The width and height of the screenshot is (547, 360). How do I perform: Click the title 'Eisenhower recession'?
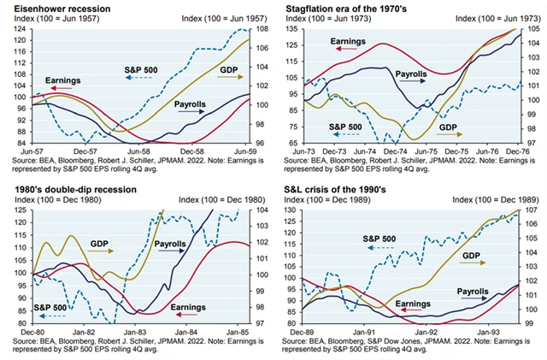click(x=53, y=8)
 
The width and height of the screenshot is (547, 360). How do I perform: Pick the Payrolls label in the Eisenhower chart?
click(x=191, y=103)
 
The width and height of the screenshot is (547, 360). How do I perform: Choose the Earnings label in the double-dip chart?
click(x=189, y=306)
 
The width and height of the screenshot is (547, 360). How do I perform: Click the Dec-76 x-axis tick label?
click(x=515, y=150)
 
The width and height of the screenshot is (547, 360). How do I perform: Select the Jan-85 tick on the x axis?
click(x=236, y=331)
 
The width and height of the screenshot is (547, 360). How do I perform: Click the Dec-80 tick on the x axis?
click(x=32, y=331)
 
